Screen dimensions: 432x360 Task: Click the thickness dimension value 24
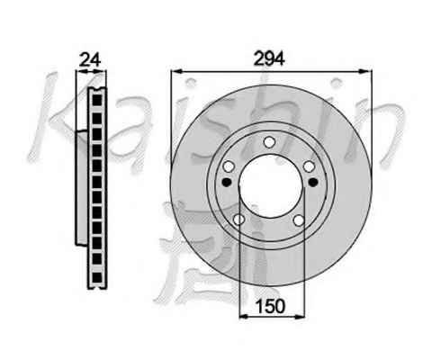pyautogui.click(x=90, y=59)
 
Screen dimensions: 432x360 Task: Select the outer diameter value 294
pyautogui.click(x=269, y=58)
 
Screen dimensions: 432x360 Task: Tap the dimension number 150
pyautogui.click(x=270, y=306)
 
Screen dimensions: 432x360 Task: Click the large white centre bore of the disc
pyautogui.click(x=271, y=186)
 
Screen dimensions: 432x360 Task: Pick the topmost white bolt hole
pyautogui.click(x=269, y=142)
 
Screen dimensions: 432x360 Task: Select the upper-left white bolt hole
pyautogui.click(x=229, y=166)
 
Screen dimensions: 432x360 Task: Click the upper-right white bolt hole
pyautogui.click(x=309, y=166)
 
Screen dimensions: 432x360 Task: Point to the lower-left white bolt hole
pyautogui.click(x=239, y=220)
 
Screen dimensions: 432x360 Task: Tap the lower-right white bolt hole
pyautogui.click(x=299, y=220)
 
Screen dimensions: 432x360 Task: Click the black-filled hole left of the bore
pyautogui.click(x=227, y=182)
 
